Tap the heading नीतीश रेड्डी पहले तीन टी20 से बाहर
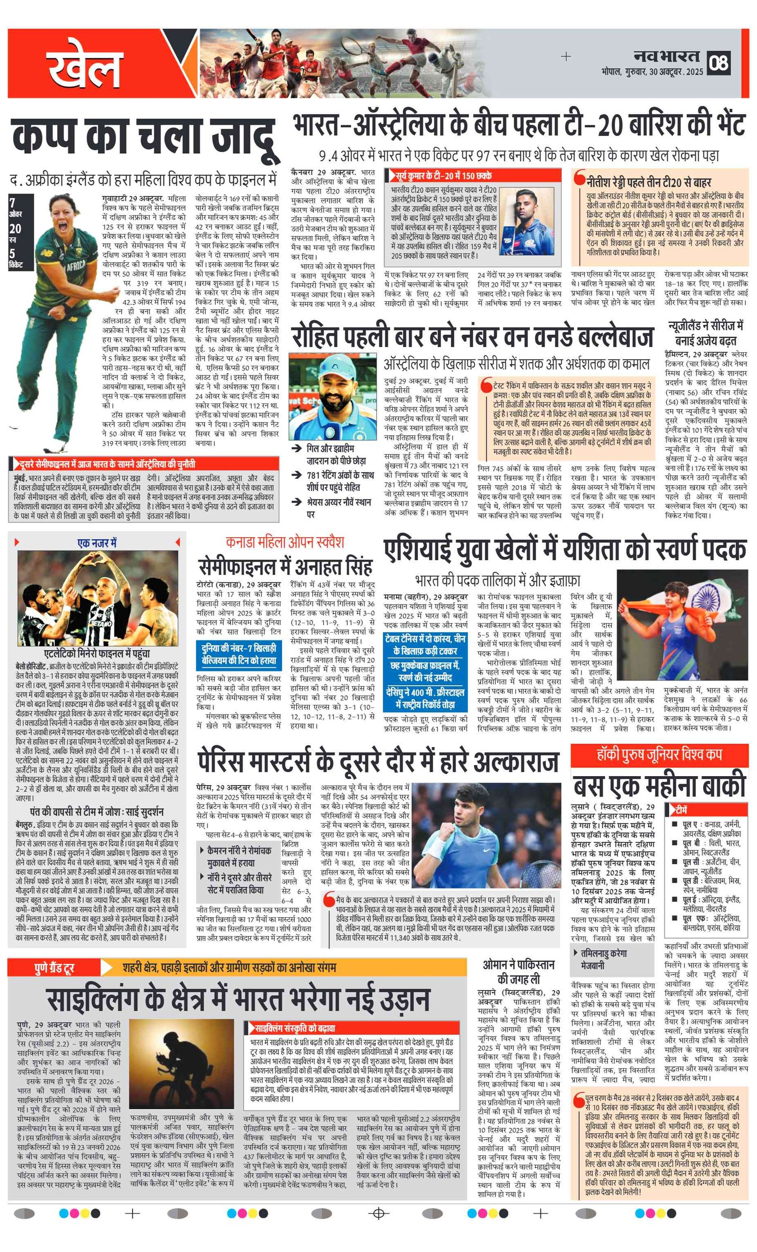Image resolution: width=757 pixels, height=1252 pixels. [648, 182]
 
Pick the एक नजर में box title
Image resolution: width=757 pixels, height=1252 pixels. [97, 543]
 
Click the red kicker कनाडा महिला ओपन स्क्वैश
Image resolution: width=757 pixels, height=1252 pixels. [285, 542]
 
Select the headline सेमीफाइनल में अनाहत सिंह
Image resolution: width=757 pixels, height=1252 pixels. [285, 565]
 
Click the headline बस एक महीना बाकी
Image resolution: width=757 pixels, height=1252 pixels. [659, 785]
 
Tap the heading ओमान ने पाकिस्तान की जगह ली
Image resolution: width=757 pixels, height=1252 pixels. [519, 971]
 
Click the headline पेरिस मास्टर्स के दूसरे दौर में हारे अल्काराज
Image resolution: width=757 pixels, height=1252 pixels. [378, 761]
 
